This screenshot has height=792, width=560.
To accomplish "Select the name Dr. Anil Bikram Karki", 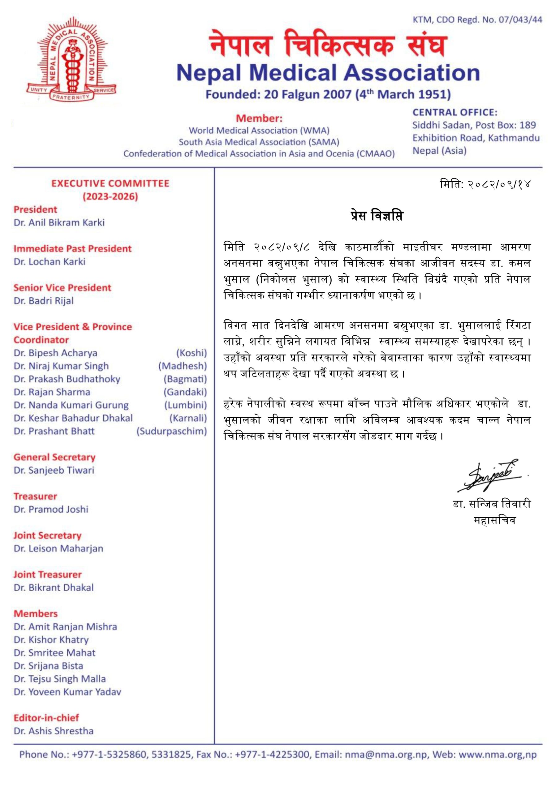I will point(59,222).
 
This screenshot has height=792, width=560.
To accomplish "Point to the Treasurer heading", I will point(35,496).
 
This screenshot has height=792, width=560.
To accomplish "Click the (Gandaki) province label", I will point(185,392).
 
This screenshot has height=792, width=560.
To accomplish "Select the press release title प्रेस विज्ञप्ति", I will point(377,216).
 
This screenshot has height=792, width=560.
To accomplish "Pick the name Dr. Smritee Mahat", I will point(54,653).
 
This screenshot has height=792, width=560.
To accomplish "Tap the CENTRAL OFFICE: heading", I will point(455,112).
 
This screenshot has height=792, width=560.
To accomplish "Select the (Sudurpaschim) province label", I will point(171,431).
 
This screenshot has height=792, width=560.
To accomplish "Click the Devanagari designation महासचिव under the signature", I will point(494,520).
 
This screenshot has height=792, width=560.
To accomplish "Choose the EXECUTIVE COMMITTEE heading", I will point(110,183).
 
